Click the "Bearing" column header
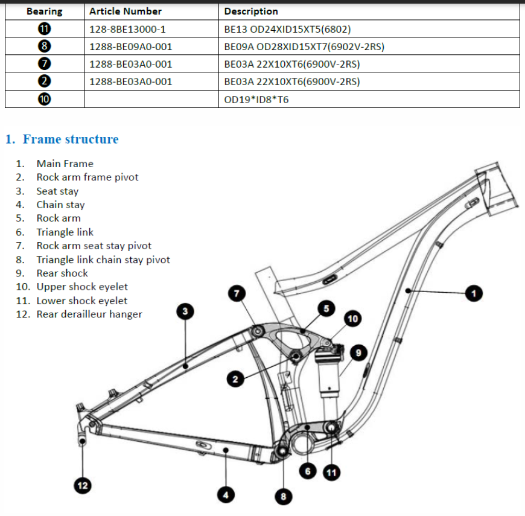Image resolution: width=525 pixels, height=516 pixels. pyautogui.click(x=44, y=11)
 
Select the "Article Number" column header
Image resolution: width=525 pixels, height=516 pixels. pyautogui.click(x=126, y=11)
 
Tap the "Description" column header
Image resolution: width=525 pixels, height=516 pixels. pyautogui.click(x=251, y=11)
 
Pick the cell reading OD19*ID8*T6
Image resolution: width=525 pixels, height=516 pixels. pyautogui.click(x=256, y=100)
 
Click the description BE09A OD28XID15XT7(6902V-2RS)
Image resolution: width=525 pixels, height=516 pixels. pyautogui.click(x=304, y=46)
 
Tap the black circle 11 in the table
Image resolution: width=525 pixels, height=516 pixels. pyautogui.click(x=44, y=29)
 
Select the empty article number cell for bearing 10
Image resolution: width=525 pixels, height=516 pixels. pyautogui.click(x=151, y=100)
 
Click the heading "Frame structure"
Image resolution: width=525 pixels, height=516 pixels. pyautogui.click(x=71, y=139)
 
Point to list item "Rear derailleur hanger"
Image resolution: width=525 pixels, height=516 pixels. pyautogui.click(x=89, y=314)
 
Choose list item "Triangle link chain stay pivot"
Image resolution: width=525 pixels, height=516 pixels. pyautogui.click(x=103, y=260)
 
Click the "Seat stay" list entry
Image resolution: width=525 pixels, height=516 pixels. pyautogui.click(x=57, y=191)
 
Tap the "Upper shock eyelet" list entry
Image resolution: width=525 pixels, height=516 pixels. pyautogui.click(x=82, y=287)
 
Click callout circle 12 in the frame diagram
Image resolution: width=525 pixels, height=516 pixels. pyautogui.click(x=82, y=485)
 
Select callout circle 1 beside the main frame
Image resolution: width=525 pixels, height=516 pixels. pyautogui.click(x=474, y=293)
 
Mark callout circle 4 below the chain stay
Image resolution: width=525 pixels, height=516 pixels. pyautogui.click(x=226, y=495)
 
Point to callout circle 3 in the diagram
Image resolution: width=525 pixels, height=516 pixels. pyautogui.click(x=185, y=311)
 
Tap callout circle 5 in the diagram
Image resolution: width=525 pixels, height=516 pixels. pyautogui.click(x=326, y=308)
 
